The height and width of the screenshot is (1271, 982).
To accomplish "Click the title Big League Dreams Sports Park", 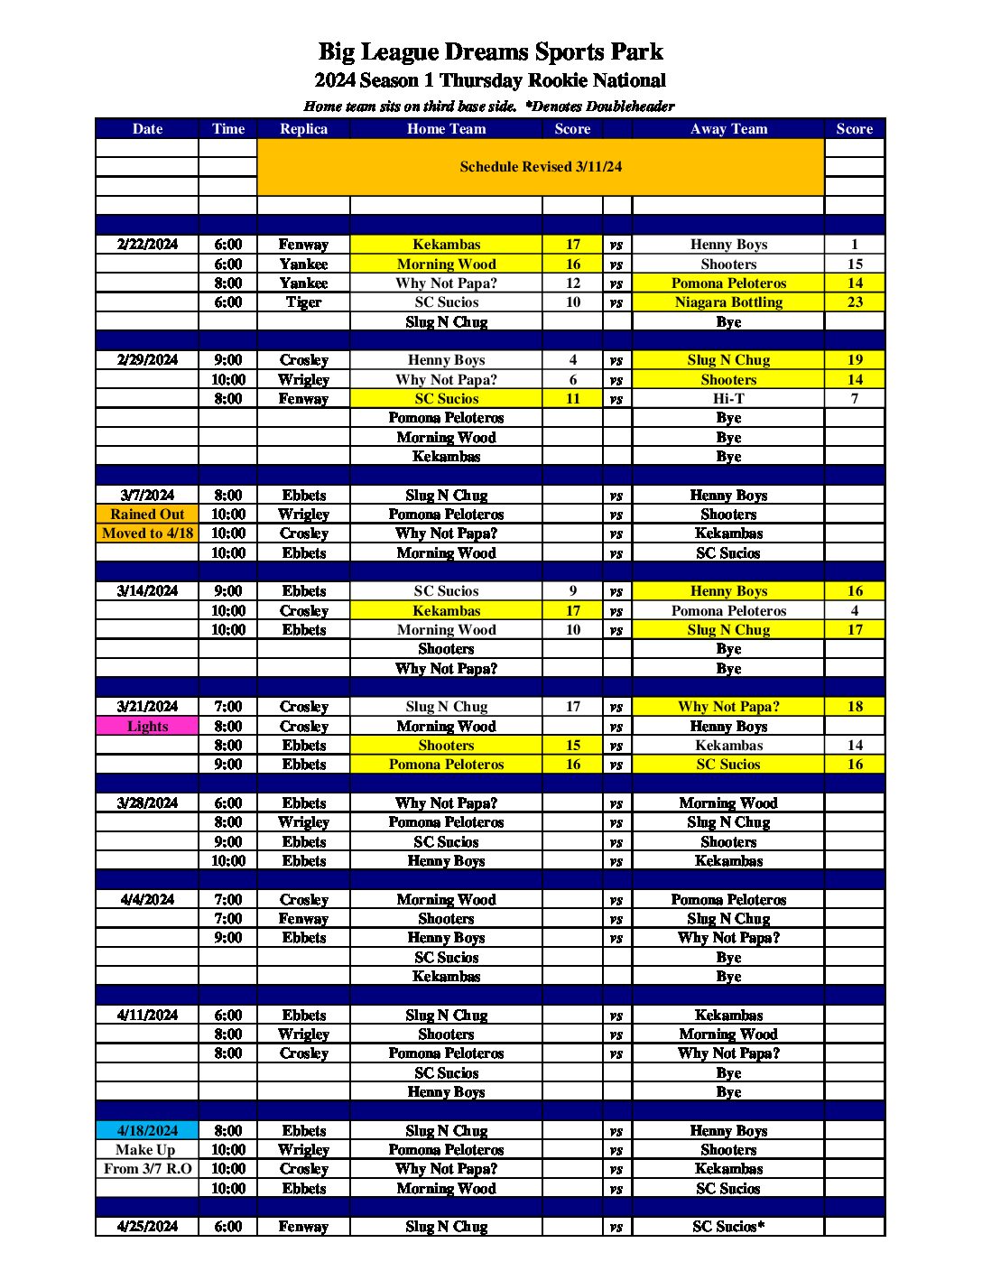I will [490, 51].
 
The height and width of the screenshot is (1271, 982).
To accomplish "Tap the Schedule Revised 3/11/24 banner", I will [540, 167].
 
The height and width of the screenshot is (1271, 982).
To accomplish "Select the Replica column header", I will [303, 129].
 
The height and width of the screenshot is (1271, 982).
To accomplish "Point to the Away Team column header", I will [728, 129].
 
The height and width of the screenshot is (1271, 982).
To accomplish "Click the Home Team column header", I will [446, 129].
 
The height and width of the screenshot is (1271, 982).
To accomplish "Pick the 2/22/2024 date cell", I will [147, 245].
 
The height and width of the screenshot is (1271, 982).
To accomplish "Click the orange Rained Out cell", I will [147, 515].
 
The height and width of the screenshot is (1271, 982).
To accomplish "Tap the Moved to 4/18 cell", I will [147, 533].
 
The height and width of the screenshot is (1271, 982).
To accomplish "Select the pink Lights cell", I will [147, 727].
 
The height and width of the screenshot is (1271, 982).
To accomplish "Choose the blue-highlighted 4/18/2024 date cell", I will [147, 1131].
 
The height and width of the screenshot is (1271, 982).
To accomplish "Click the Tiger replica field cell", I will [303, 302].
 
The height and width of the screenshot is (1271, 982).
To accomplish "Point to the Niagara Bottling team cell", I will [728, 302].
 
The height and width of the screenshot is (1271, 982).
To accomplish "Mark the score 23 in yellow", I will [854, 302].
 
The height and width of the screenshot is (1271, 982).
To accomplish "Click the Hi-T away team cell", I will [728, 399].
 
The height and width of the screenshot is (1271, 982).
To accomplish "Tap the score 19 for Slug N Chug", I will [854, 360].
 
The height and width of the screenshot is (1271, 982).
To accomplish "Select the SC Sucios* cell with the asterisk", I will [728, 1227].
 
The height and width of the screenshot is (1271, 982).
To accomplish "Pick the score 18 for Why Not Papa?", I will [854, 707].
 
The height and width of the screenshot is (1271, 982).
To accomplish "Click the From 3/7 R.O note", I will [147, 1169].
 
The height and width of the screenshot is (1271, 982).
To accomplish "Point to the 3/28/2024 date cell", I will [147, 803].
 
